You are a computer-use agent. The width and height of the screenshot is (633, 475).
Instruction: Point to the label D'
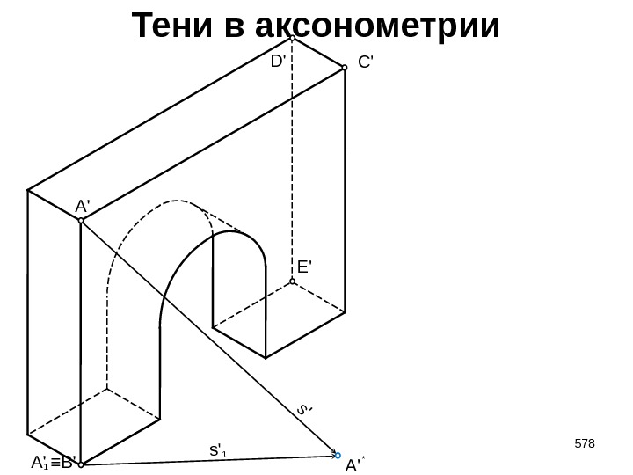coord(279,62)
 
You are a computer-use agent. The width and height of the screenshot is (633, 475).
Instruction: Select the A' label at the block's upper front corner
coord(84,206)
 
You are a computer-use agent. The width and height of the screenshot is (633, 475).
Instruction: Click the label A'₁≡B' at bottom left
coord(54,462)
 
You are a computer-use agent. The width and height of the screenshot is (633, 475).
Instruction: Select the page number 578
coord(584,442)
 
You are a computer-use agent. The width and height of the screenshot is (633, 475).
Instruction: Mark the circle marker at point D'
coord(292,38)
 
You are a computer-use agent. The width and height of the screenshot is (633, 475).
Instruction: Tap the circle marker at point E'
coord(292,282)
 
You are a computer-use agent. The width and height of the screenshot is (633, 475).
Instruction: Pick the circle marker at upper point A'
coord(80,220)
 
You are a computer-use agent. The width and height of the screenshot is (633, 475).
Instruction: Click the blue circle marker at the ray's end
coord(338,456)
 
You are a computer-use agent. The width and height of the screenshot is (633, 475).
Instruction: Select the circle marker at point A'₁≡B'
coord(80,464)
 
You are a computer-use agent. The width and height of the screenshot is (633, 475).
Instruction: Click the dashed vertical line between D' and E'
coord(292,158)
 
